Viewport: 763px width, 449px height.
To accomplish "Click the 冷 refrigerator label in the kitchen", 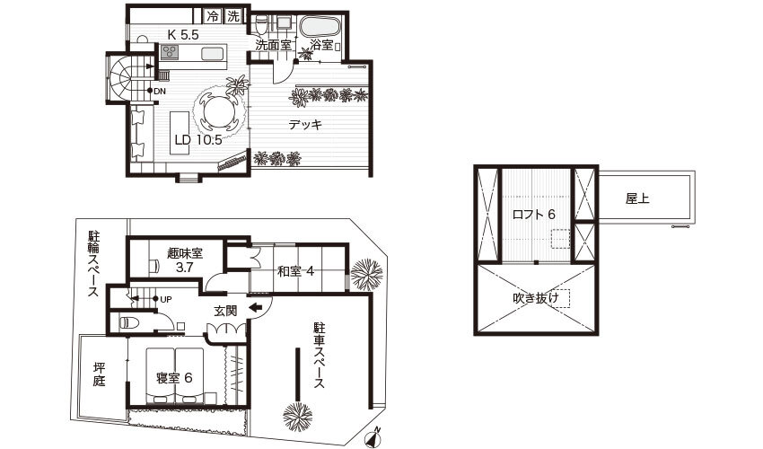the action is tap(213, 16).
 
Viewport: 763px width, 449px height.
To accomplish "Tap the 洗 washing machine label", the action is tap(233, 16).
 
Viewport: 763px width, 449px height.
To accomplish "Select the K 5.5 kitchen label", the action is tap(183, 35).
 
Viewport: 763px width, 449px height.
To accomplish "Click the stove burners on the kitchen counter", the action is tap(170, 51).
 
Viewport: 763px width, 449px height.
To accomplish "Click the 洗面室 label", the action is tap(274, 45).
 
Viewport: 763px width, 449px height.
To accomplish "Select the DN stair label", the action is tap(160, 91).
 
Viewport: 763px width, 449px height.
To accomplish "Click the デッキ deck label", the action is tap(305, 125).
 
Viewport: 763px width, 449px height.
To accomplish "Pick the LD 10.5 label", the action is tap(198, 140).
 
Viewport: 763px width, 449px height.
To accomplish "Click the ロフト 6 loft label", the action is tap(534, 215).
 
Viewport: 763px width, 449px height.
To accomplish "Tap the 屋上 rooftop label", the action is tap(637, 198).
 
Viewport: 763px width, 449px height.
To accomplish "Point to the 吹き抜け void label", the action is tap(536, 298).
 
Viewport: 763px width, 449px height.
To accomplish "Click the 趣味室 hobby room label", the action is tap(184, 253).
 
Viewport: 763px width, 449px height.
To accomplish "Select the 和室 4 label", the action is tap(295, 271).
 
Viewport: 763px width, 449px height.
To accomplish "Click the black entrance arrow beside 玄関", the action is tap(256, 307).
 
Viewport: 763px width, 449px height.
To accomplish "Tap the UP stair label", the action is tap(165, 300).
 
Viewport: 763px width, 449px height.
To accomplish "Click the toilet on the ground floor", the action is tap(129, 322).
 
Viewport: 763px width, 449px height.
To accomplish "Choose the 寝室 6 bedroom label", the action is tap(174, 378).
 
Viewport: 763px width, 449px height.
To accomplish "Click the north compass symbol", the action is tap(373, 437).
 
